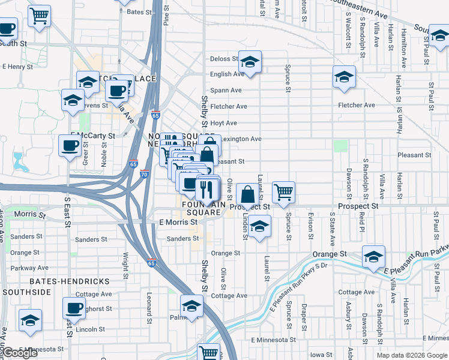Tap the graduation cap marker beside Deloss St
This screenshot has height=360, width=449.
(x=250, y=62)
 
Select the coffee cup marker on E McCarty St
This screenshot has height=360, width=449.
(x=70, y=145)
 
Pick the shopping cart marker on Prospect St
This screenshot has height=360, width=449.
(x=283, y=192)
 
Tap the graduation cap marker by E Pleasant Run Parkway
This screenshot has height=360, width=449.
(x=373, y=256)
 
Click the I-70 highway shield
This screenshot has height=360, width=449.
(x=145, y=174)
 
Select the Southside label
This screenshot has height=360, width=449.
(x=26, y=292)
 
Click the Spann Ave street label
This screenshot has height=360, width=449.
(x=227, y=90)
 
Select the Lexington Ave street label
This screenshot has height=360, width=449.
(x=241, y=139)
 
